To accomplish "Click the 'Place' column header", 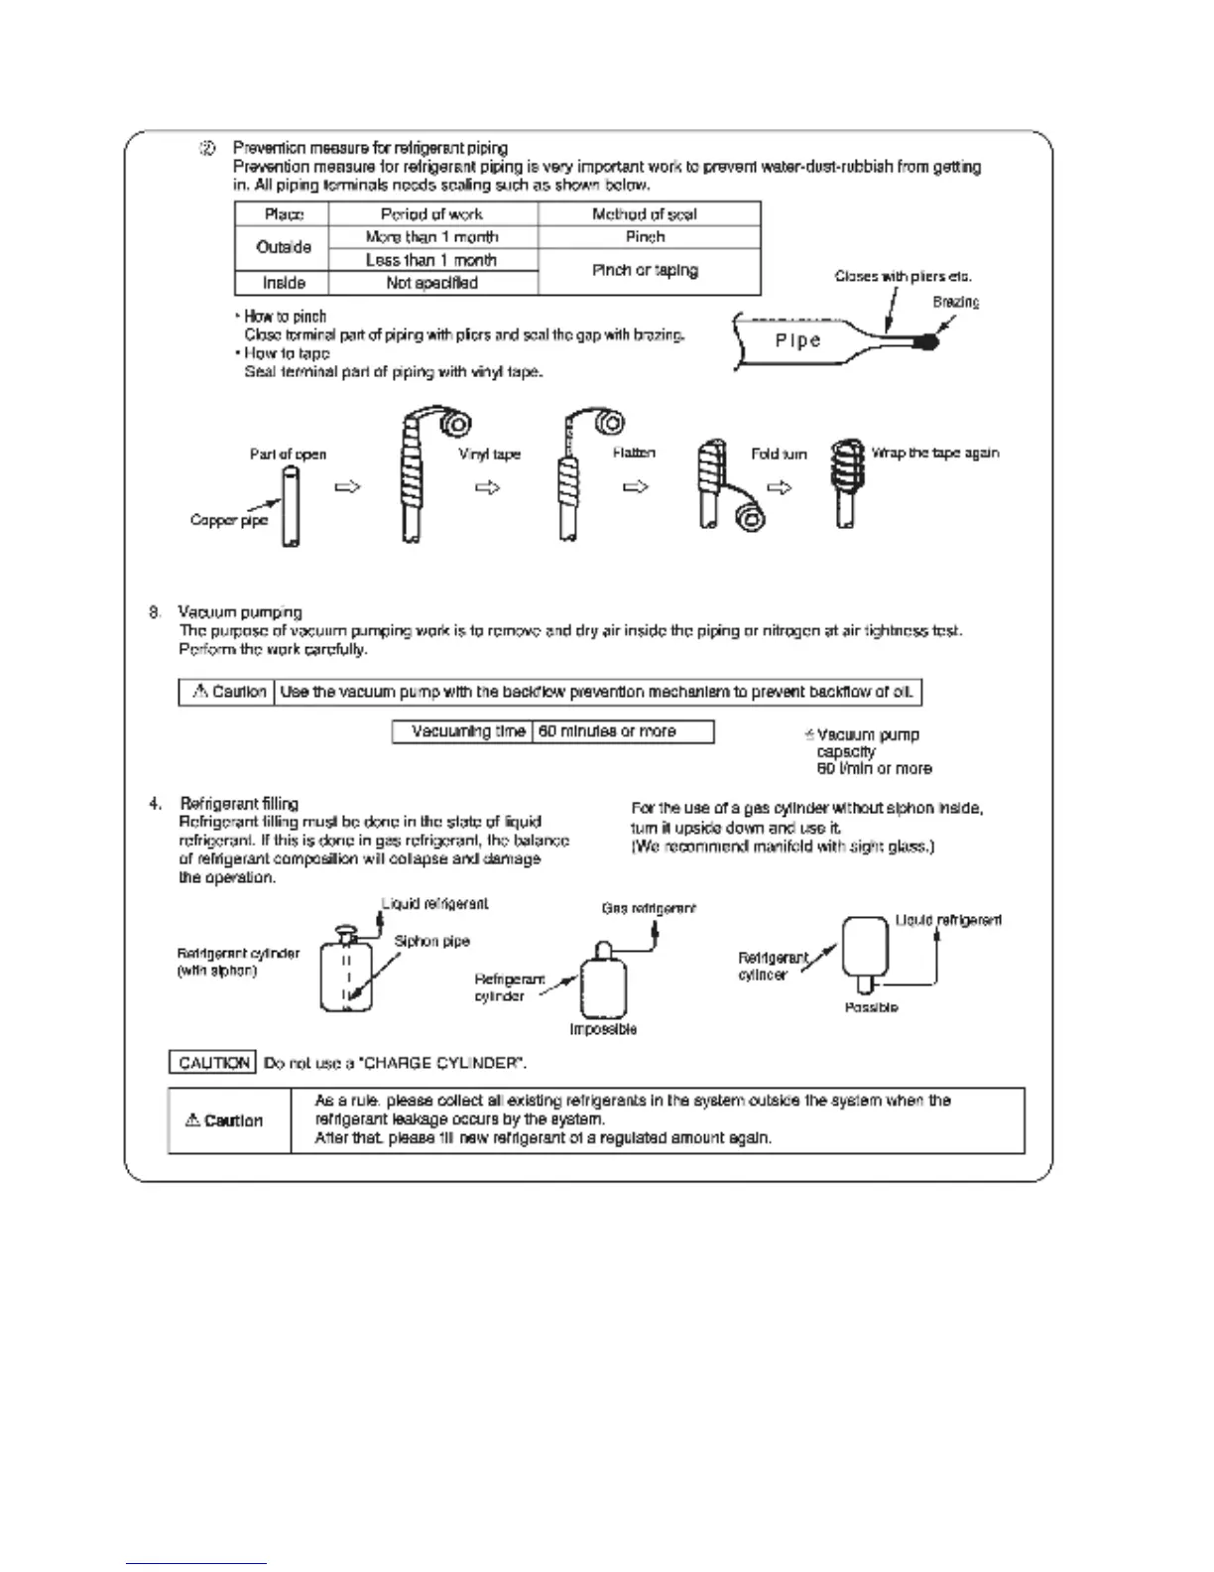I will (x=284, y=214).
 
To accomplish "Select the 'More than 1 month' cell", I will (x=431, y=237).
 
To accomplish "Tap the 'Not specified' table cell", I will (x=431, y=283).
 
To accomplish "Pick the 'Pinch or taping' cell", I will (x=645, y=270).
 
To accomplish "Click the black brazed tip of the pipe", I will (x=928, y=341).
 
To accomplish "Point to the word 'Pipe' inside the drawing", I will (x=797, y=340).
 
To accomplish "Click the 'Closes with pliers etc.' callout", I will (x=903, y=277).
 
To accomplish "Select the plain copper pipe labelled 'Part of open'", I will (x=289, y=506).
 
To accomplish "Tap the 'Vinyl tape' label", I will (x=489, y=455).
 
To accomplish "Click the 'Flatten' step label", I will (x=634, y=454).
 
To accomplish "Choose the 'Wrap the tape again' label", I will (x=934, y=454).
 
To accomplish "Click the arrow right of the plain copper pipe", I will (x=347, y=487).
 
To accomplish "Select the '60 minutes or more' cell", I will (x=607, y=731).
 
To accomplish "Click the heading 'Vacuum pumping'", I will (x=240, y=612).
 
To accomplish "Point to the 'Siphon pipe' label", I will (x=431, y=941).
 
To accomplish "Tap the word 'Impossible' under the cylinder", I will (x=603, y=1029).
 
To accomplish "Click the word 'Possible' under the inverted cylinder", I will (x=871, y=1007).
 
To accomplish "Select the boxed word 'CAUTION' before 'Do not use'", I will (x=213, y=1063).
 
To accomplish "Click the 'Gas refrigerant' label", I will (x=649, y=908).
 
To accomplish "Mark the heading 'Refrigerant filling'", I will (x=239, y=803).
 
